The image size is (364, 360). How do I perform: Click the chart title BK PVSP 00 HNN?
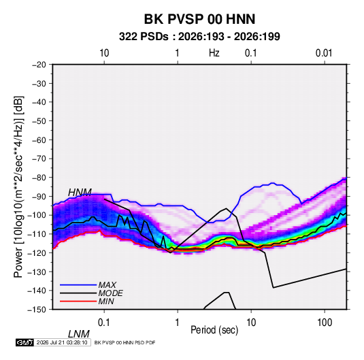coord(199,19)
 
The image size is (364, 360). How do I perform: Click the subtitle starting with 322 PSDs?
coord(199,37)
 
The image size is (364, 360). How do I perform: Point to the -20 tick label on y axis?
coord(39,65)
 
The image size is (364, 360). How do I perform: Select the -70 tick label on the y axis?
coord(39,159)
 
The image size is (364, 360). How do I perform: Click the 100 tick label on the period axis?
coord(325,323)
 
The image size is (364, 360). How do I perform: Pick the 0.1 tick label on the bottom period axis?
coord(104,323)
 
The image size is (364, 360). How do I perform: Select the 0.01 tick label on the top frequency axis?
coord(324,53)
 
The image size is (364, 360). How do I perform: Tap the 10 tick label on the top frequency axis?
coord(104,53)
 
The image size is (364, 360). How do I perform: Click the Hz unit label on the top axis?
coord(214,53)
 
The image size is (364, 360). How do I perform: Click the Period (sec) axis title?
coord(214,330)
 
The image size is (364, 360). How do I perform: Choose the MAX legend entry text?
coord(107,284)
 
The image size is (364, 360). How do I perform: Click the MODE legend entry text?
coord(110,293)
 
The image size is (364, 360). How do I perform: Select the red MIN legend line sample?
coord(78,301)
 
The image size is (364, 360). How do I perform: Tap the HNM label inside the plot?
coord(80,193)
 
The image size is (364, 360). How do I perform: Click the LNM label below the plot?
coord(78,334)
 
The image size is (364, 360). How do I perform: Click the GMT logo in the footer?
coord(25,342)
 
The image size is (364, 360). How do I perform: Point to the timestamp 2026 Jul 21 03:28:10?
coord(62,342)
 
